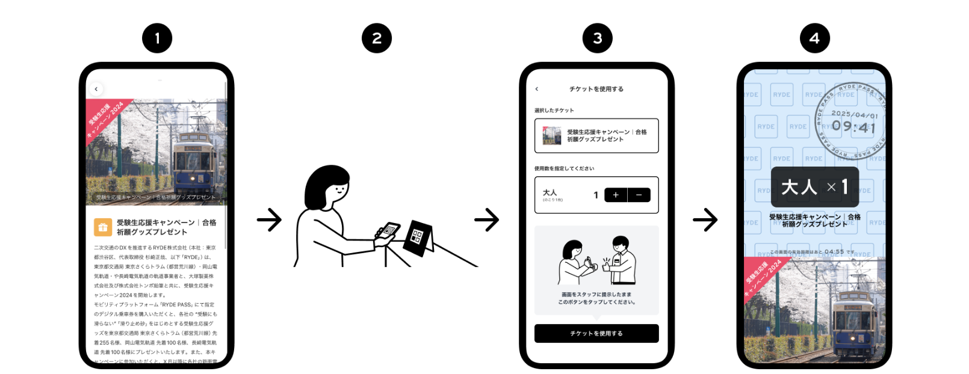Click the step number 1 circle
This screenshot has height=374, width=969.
pyautogui.click(x=157, y=38)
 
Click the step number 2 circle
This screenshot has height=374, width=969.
pyautogui.click(x=377, y=38)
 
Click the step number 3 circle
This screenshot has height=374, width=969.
pyautogui.click(x=597, y=38)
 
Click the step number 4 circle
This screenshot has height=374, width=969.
pyautogui.click(x=814, y=38)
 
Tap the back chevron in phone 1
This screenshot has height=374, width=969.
pyautogui.click(x=96, y=89)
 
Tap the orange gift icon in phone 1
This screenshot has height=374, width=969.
pyautogui.click(x=103, y=227)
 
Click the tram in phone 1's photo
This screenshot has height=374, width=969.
pyautogui.click(x=194, y=161)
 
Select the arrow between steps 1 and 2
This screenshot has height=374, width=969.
pyautogui.click(x=269, y=220)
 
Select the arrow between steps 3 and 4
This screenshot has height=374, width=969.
pyautogui.click(x=705, y=220)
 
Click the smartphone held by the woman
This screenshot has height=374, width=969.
pyautogui.click(x=388, y=232)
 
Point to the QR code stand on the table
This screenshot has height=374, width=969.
pyautogui.click(x=417, y=237)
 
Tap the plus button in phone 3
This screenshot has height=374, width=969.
pyautogui.click(x=615, y=195)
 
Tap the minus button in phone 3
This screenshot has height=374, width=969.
pyautogui.click(x=639, y=195)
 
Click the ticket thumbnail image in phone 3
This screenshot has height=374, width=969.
pyautogui.click(x=551, y=136)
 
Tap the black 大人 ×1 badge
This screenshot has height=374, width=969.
pyautogui.click(x=814, y=187)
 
